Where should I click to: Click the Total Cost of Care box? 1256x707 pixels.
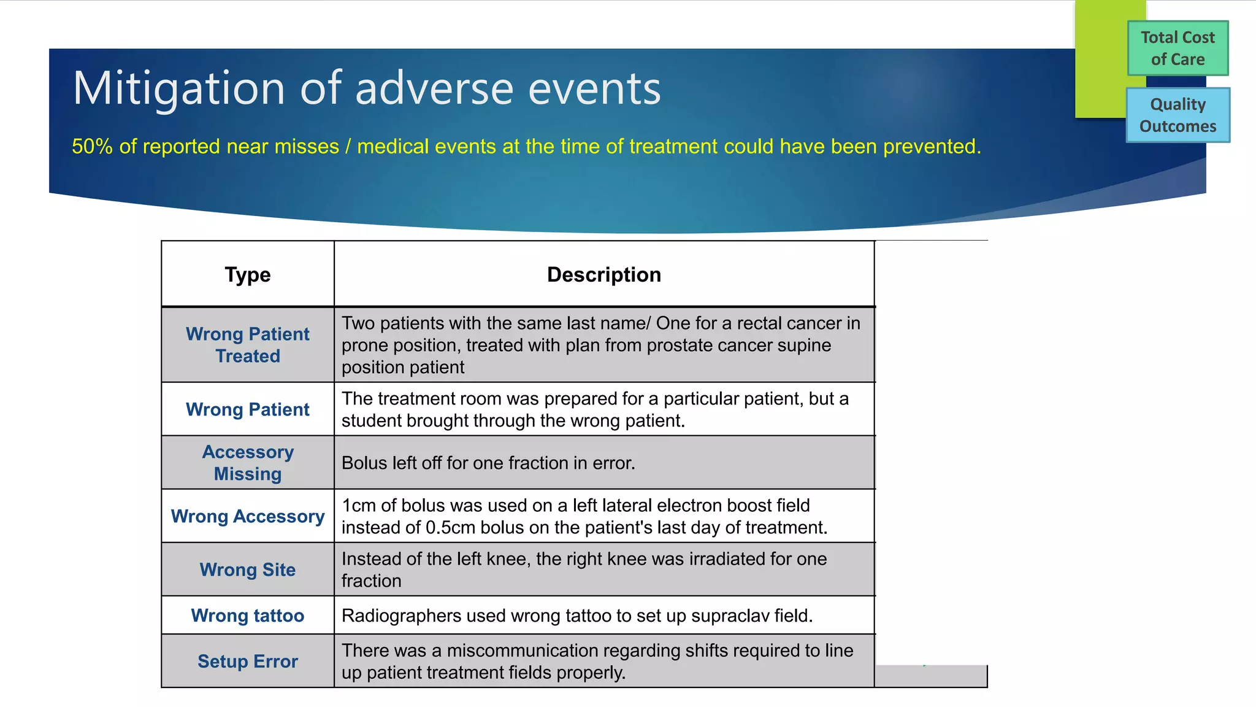coord(1177,48)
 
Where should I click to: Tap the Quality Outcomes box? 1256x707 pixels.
coord(1177,115)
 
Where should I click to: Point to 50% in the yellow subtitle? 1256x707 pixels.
coord(92,147)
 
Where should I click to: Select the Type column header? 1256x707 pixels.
coord(247,274)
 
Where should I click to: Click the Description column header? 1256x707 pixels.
coord(603,274)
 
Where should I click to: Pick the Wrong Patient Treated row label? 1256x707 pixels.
coord(247,345)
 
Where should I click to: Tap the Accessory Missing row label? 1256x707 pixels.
coord(247,463)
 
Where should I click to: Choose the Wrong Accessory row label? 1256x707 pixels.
coord(247,516)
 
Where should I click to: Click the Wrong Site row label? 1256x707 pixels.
coord(247,570)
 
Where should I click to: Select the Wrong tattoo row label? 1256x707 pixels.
coord(247,616)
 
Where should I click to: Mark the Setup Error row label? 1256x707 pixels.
coord(247,661)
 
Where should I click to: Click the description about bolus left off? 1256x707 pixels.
coord(488,463)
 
